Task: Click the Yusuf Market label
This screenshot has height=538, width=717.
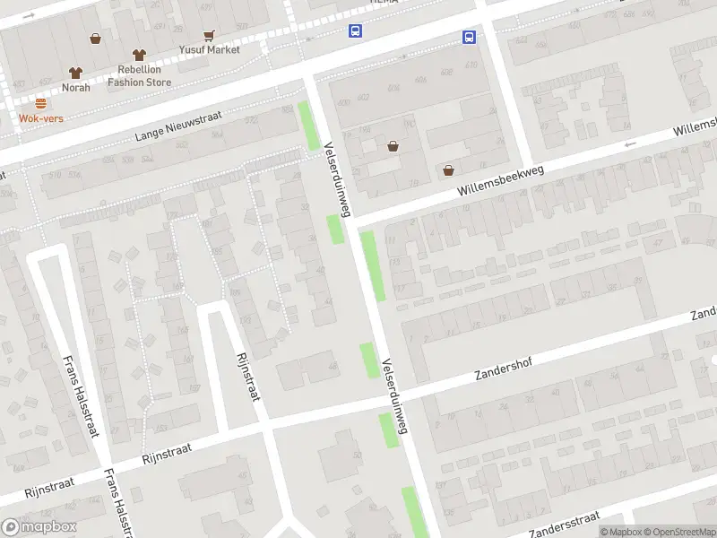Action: pyautogui.click(x=209, y=49)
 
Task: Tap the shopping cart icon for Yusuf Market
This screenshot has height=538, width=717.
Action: pyautogui.click(x=209, y=36)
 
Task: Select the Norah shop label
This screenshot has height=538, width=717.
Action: pyautogui.click(x=75, y=87)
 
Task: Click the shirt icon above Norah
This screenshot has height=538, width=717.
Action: pyautogui.click(x=75, y=73)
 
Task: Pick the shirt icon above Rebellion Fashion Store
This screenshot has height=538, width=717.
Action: pyautogui.click(x=138, y=55)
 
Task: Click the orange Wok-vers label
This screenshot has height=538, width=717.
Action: pyautogui.click(x=40, y=117)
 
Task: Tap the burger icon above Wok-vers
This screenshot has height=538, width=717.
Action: pyautogui.click(x=40, y=103)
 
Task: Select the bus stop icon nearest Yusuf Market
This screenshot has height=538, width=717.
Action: pyautogui.click(x=355, y=31)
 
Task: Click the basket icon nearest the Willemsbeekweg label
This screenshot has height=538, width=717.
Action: pyautogui.click(x=448, y=169)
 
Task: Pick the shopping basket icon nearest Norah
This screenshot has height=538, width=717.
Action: pyautogui.click(x=95, y=39)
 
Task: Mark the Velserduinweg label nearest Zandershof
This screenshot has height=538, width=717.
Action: pyautogui.click(x=394, y=397)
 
